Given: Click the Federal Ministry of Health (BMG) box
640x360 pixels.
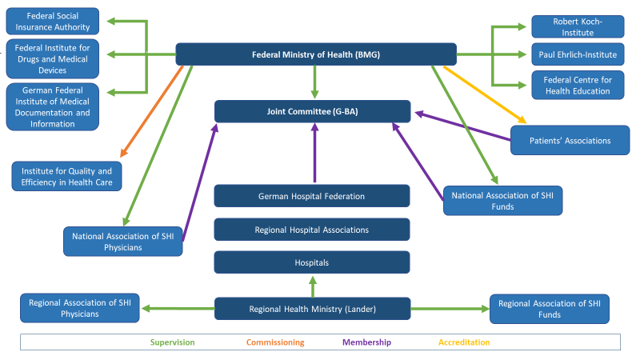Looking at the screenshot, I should click(316, 54).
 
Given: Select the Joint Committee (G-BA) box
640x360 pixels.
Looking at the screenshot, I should click(312, 111).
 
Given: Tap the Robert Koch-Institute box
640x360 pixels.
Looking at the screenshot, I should click(578, 26).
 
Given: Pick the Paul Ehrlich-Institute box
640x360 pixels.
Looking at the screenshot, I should click(578, 54).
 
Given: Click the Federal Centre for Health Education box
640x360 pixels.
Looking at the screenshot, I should click(578, 85).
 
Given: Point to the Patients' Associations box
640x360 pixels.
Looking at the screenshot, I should click(570, 140).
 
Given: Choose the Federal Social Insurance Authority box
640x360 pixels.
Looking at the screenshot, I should click(53, 22).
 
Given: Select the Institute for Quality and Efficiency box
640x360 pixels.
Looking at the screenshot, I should click(66, 177).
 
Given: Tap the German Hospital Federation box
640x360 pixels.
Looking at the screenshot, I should click(312, 196).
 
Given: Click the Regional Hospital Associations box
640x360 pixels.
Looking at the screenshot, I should click(312, 230).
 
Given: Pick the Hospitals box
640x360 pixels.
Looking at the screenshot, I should click(312, 262).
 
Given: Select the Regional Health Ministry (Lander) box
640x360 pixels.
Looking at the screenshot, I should click(312, 309).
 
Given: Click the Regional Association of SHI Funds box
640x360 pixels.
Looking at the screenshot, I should click(549, 309).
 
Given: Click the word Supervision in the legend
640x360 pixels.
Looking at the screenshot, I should click(172, 342).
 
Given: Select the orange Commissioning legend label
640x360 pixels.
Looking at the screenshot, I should click(275, 342).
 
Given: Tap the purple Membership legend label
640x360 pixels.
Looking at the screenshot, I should click(366, 342).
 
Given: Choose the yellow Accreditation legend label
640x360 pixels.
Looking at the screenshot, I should click(464, 342).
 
